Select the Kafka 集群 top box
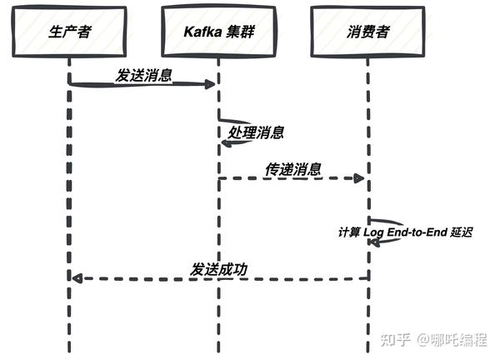[218, 32]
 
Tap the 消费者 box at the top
[367, 32]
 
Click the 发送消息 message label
[143, 75]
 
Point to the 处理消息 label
[255, 132]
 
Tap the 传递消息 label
[293, 168]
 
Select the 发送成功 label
[219, 268]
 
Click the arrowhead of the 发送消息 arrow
[212, 84]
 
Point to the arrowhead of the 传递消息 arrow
[361, 178]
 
